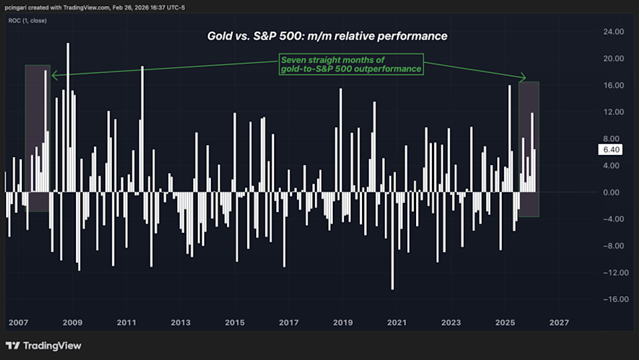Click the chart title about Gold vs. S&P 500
point(327,36)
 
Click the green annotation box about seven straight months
point(351,65)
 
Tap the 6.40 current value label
point(610,150)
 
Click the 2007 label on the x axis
point(18,323)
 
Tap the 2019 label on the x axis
point(342,323)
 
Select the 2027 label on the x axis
point(558,323)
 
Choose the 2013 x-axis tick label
point(180,323)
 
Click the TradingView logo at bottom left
point(43,346)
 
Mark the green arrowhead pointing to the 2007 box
point(54,75)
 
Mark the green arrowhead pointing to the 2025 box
point(523,77)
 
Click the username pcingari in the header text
point(20,7)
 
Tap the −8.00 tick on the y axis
point(612,246)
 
